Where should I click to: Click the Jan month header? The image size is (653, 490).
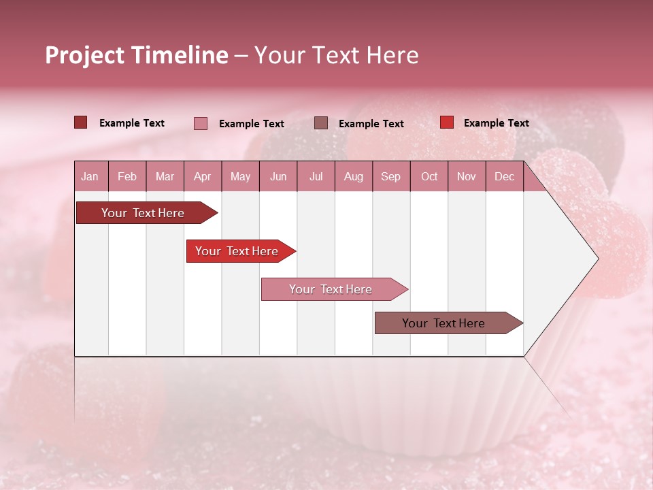tap(90, 177)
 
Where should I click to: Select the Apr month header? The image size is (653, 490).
tap(202, 177)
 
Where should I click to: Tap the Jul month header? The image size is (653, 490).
tap(316, 177)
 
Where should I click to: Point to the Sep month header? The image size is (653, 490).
tap(390, 177)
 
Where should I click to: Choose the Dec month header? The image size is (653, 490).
tap(504, 177)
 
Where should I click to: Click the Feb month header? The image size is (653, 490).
tap(127, 177)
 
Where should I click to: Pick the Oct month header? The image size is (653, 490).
tap(429, 177)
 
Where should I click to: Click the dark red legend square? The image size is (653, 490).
tap(80, 122)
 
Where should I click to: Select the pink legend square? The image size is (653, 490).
tap(201, 123)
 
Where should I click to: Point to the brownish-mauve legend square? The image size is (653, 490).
tap(321, 122)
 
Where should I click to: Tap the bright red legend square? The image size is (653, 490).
tap(447, 122)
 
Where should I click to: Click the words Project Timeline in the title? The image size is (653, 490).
tap(136, 55)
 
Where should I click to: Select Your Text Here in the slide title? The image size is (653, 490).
tap(337, 55)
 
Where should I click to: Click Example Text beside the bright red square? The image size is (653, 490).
tap(496, 123)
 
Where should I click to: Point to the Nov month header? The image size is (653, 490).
tap(467, 177)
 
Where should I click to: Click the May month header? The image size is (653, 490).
tap(240, 177)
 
